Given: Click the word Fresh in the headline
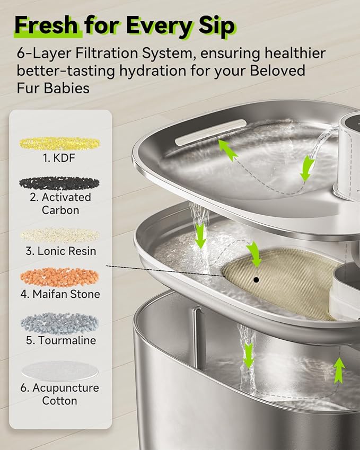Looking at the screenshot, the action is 46,25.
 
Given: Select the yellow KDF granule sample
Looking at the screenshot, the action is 59,143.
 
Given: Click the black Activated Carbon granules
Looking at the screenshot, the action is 59,183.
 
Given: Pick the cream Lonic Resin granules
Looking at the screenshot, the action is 60,235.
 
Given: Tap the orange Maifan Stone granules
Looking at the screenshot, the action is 60,277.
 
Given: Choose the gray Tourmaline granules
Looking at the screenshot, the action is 60,323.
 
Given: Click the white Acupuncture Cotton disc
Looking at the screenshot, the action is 60,372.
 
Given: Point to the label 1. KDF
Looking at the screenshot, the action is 59,158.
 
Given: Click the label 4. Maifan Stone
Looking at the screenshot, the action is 60,294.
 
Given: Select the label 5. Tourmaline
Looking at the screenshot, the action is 61,340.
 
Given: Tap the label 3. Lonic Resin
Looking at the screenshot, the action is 61,251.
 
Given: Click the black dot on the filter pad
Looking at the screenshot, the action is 257,279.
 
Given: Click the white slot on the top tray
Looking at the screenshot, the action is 211,133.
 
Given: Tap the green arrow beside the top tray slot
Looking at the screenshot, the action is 227,149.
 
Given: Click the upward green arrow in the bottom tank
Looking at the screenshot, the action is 339,370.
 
